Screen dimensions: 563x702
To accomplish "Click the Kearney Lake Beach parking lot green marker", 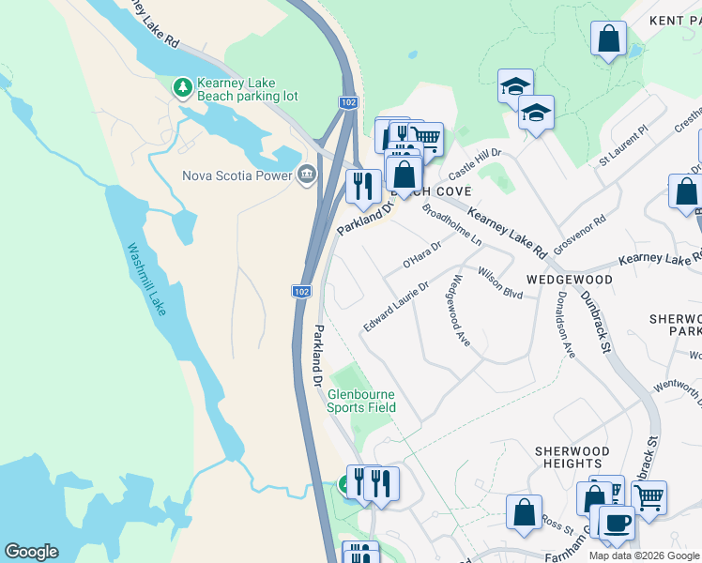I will tap(183, 88).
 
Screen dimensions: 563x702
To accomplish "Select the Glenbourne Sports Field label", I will tap(361, 401).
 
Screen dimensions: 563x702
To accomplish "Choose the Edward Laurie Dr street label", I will tap(397, 306).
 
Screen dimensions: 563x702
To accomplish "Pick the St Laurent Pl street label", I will tap(623, 147).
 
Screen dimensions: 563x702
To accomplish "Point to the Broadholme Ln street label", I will tap(451, 225).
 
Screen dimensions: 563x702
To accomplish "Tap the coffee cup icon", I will tap(617, 523).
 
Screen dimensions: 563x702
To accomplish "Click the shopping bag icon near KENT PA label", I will tap(609, 39).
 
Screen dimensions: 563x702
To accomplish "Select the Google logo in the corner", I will tap(31, 552).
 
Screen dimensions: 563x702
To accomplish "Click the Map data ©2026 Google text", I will tap(644, 555).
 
